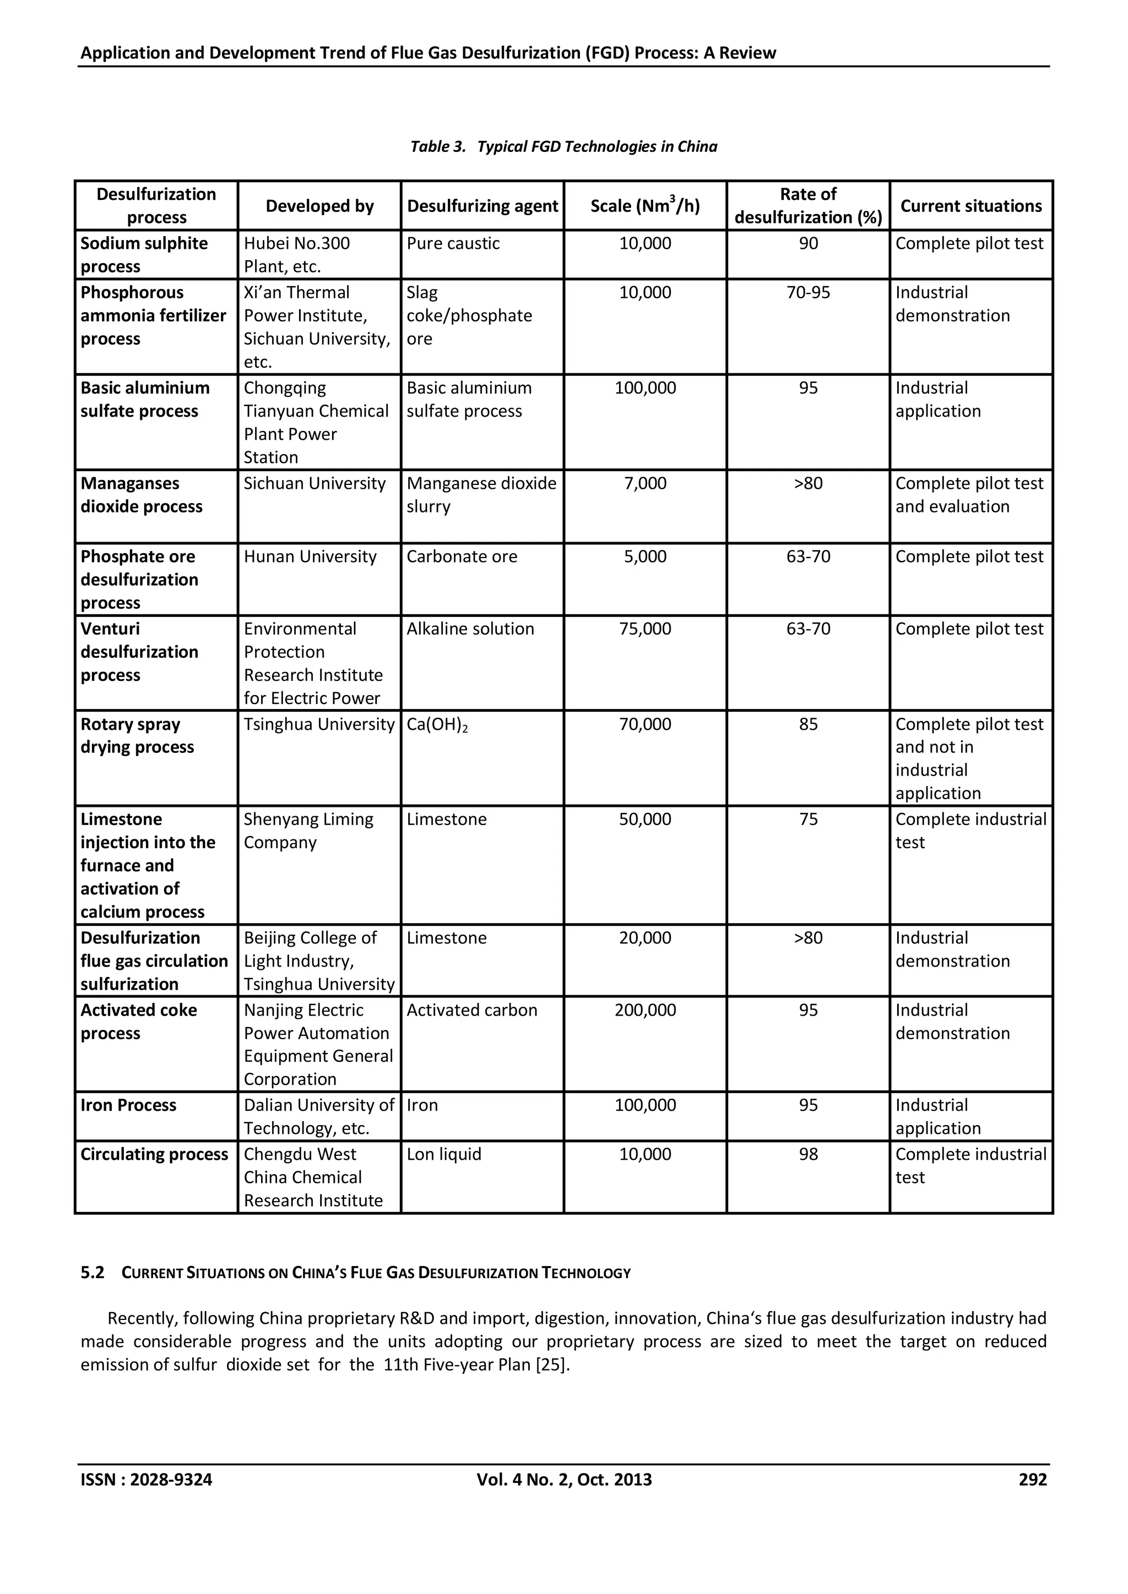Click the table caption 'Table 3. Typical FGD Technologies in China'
point(563,146)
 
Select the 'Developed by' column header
point(319,206)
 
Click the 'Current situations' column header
point(970,206)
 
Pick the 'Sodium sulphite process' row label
point(144,255)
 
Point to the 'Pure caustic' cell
point(453,244)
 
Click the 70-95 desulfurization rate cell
point(808,292)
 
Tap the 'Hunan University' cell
point(310,557)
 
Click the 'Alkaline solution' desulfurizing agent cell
point(470,629)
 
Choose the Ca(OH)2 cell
point(437,725)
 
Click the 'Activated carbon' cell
point(471,1010)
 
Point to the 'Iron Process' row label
point(128,1105)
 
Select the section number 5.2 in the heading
point(93,1273)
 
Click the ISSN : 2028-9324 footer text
point(147,1480)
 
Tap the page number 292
point(1032,1480)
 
